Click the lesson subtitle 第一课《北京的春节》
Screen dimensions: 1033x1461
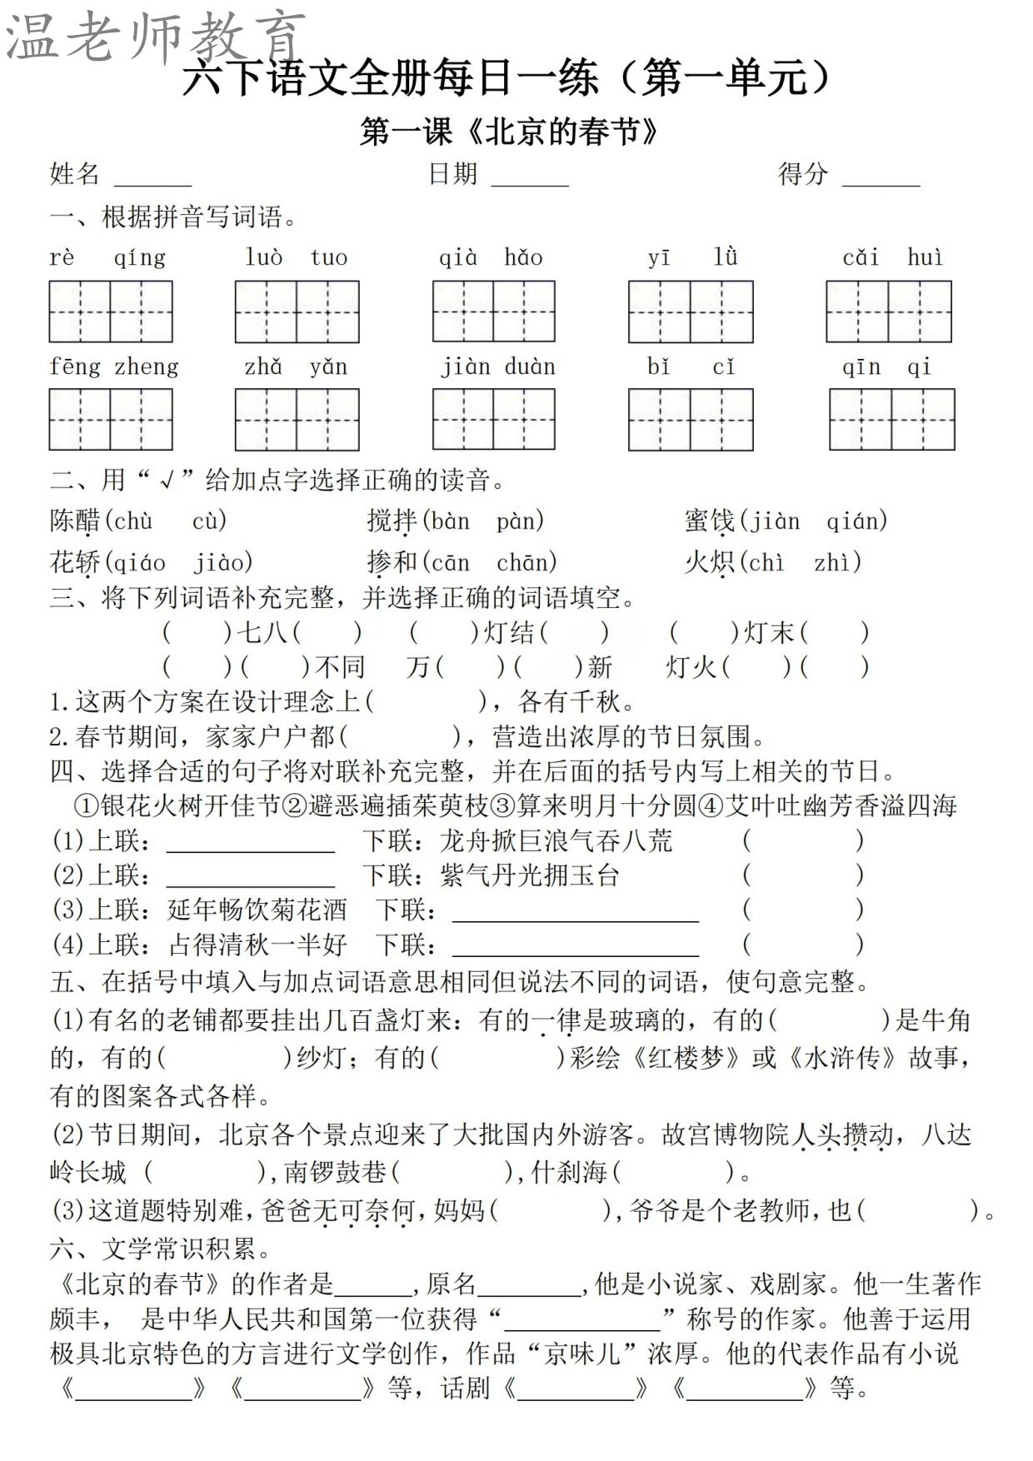tap(510, 132)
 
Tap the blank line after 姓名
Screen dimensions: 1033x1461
tap(152, 177)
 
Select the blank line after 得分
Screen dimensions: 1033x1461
tap(881, 177)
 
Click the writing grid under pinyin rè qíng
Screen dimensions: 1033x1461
tap(111, 312)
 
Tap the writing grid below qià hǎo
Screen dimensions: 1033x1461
tap(493, 312)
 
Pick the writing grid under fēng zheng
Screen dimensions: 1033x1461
tap(111, 419)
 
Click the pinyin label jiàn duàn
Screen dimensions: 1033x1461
tap(498, 366)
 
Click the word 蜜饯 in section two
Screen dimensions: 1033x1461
tap(709, 521)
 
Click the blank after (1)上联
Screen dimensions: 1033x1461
tap(251, 843)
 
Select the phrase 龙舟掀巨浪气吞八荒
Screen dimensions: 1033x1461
tap(556, 841)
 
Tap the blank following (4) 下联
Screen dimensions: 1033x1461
tap(575, 948)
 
